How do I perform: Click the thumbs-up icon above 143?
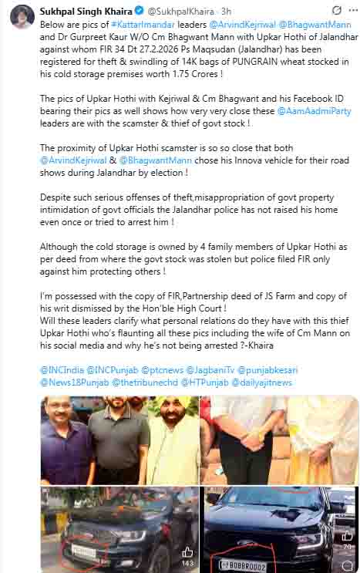click(x=187, y=552)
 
